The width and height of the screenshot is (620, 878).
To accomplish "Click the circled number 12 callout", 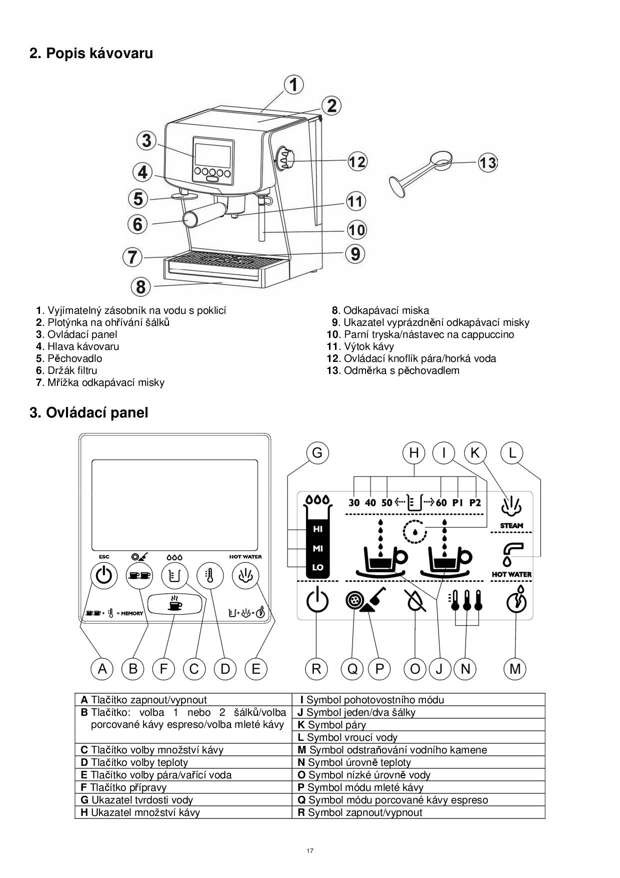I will tap(357, 162).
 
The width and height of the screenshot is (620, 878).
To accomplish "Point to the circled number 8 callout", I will tap(141, 287).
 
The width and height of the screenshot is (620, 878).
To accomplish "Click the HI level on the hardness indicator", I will tap(317, 529).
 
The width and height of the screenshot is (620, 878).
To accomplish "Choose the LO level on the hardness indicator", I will tap(317, 568).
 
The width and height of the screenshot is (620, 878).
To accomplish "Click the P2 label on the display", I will tap(474, 503).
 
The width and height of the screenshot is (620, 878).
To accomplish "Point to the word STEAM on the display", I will tap(511, 526).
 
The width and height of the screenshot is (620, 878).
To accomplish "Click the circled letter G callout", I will tap(317, 453).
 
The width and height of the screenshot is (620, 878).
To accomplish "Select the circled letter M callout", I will tap(515, 669).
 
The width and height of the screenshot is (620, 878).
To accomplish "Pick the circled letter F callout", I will tap(163, 669).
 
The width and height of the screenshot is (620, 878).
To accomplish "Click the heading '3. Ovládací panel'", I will tap(89, 413).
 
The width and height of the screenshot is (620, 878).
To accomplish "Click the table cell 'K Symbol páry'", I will tap(418, 724).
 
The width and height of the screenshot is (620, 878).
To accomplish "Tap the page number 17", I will tap(310, 850).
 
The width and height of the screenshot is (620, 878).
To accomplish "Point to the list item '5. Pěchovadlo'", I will tap(69, 358).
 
